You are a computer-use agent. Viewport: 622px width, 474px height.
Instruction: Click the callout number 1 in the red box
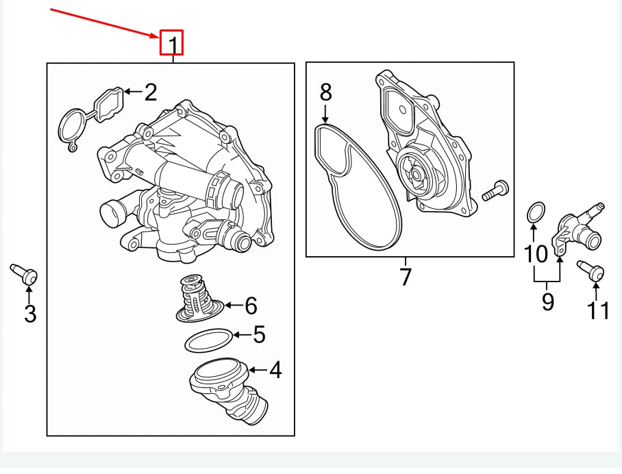click(x=173, y=44)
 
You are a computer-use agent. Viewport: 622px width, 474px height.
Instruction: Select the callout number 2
click(x=151, y=92)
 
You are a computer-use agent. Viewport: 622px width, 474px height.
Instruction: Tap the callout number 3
click(x=29, y=314)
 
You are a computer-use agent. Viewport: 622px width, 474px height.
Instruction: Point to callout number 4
click(x=275, y=371)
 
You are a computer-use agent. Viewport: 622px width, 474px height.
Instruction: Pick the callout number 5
click(x=258, y=335)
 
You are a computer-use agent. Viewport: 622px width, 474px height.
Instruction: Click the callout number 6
click(x=250, y=305)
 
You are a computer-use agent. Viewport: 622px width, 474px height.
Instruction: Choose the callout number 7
click(x=406, y=277)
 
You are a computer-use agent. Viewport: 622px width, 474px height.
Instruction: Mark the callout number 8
click(x=325, y=91)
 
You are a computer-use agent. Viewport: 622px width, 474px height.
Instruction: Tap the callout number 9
click(x=547, y=301)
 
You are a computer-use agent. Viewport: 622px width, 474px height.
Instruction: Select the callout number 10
click(x=536, y=254)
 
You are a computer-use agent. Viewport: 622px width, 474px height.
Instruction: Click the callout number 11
click(x=597, y=310)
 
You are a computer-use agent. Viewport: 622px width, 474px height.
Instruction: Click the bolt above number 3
click(x=25, y=273)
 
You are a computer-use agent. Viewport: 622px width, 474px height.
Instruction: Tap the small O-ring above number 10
click(x=536, y=212)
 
